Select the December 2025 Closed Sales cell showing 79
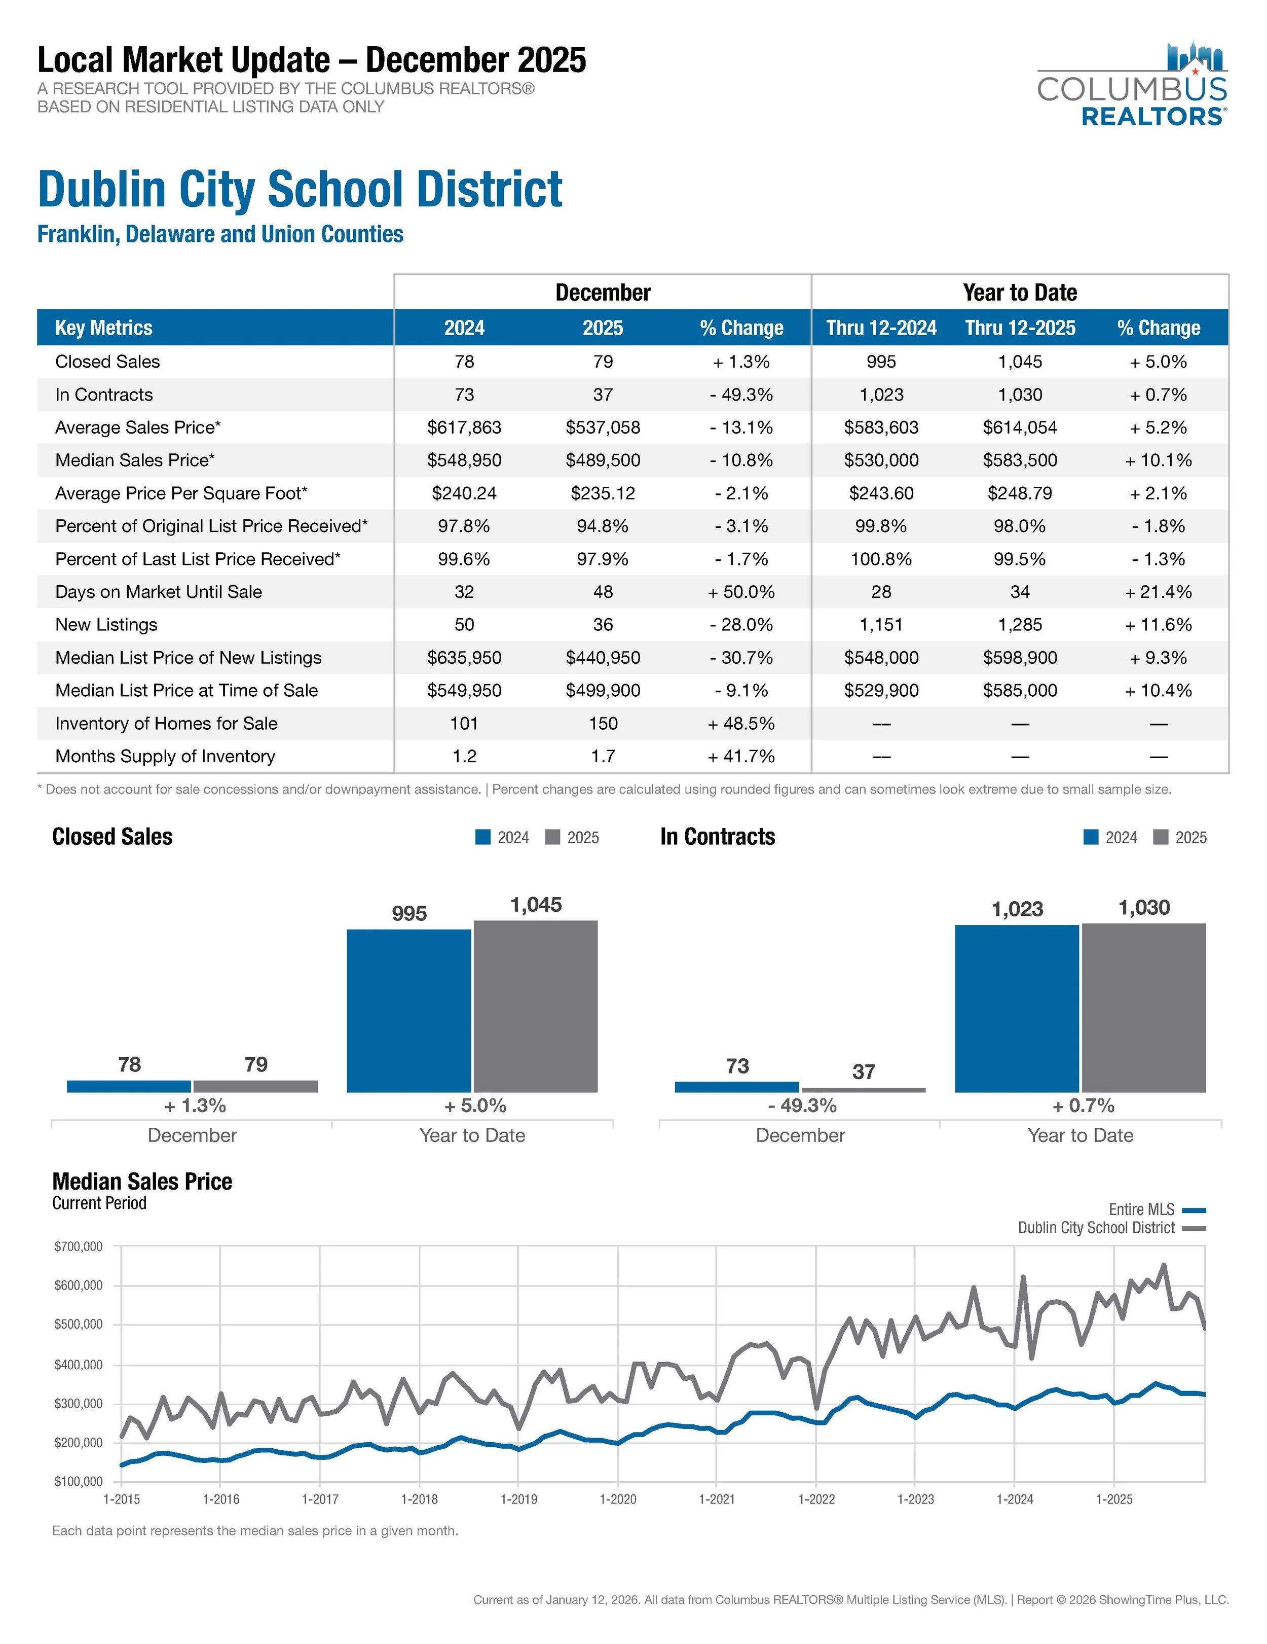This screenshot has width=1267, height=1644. (603, 362)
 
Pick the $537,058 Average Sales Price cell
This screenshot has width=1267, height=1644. (603, 427)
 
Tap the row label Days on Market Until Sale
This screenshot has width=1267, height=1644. (158, 592)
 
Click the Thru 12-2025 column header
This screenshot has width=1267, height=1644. (1020, 328)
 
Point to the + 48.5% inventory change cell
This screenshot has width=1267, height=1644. (740, 724)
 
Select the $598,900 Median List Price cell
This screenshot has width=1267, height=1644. (1020, 657)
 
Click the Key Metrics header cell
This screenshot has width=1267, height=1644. (104, 328)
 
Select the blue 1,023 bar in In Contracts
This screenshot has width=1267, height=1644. (1017, 1008)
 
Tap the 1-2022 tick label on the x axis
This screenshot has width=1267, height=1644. (816, 1499)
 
